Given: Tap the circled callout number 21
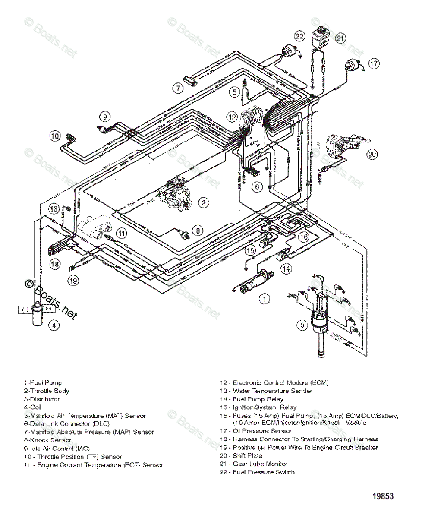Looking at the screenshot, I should coord(341,39).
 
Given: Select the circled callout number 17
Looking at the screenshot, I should coord(374,63).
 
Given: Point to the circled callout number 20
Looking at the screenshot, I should coord(372,154).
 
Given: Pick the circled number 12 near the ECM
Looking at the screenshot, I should coord(232,117).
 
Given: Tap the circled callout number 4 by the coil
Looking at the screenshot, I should coord(54,325).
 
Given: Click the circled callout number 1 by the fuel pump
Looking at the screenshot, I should coord(264,299).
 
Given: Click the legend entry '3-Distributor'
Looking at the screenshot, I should coord(42,399).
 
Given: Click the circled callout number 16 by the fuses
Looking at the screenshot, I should coord(304,237).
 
